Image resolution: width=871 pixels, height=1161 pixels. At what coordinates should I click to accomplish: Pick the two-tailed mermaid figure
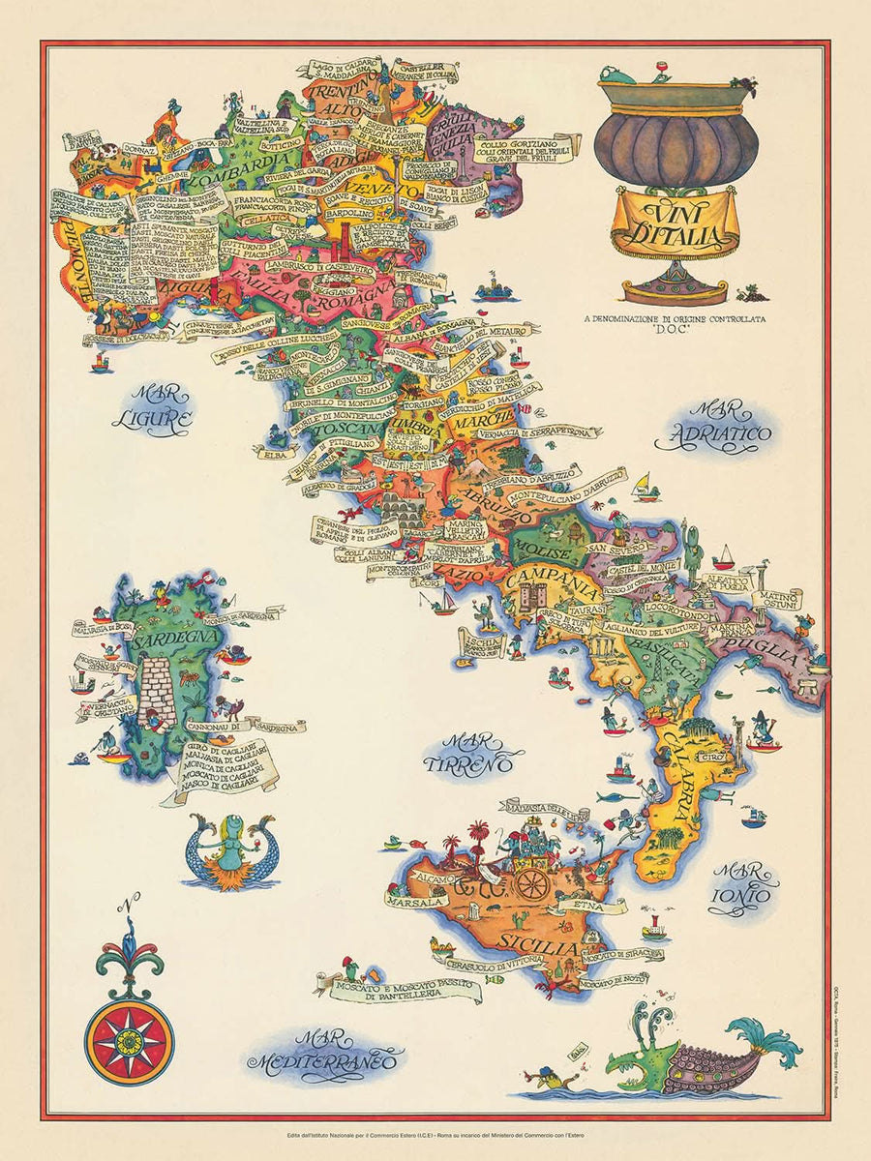point(229,849)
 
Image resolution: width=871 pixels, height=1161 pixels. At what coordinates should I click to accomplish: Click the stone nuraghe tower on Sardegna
point(156,693)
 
